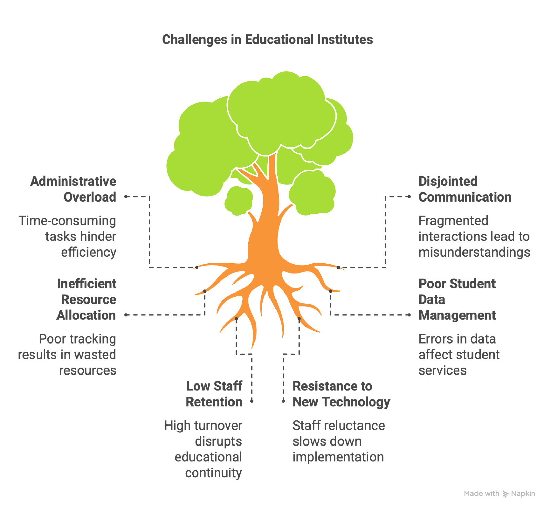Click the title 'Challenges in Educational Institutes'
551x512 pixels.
coord(267,40)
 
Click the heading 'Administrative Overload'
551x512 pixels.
coord(73,189)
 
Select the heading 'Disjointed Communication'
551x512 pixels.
coord(465,189)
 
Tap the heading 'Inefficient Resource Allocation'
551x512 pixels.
coord(86,299)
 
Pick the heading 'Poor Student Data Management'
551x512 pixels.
coord(457,299)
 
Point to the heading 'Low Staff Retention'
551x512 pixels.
coord(214,394)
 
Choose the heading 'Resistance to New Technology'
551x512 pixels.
coord(341,394)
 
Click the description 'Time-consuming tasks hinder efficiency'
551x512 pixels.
coord(67,236)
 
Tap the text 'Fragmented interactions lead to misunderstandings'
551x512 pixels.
coord(474,236)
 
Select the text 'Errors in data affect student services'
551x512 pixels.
coord(459,355)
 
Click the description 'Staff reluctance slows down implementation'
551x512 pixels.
coord(339,441)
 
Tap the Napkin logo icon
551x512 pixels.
coord(505,494)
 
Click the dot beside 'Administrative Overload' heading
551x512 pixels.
coord(126,197)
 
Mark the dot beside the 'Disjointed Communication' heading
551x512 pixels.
coord(409,197)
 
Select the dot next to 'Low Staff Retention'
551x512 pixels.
coord(252,401)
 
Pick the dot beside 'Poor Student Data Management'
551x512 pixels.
coord(409,315)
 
